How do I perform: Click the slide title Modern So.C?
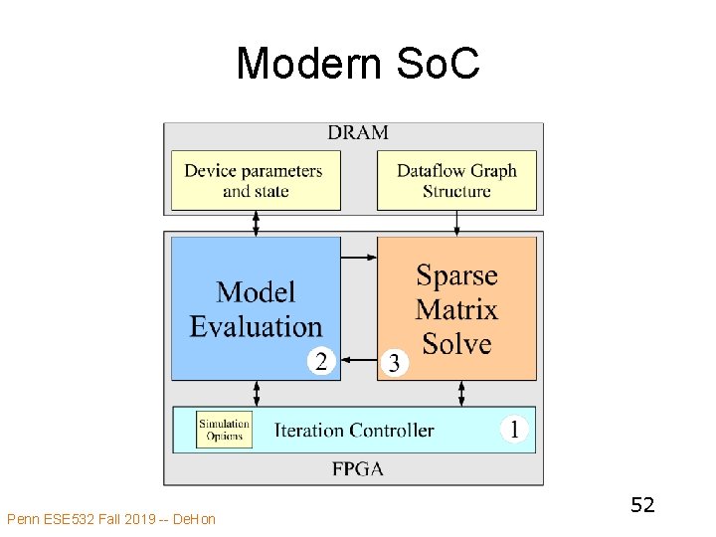point(358,65)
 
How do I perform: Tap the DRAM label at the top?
point(357,132)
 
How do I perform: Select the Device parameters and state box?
point(256,180)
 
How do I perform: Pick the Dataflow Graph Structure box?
point(456,180)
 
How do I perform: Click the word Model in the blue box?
point(256,291)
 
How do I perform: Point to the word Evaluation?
point(256,326)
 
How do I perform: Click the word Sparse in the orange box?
point(456,275)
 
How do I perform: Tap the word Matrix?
point(456,310)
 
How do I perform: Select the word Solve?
point(456,344)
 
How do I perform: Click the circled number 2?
point(320,360)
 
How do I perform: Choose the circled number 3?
point(394,363)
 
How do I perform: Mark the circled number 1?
point(513,430)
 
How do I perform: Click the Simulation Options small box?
point(224,430)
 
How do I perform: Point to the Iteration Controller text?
point(354,431)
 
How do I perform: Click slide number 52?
point(642,505)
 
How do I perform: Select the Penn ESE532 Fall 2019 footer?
point(110,518)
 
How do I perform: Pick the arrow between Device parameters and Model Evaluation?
point(256,224)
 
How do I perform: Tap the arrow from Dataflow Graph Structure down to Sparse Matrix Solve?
point(456,224)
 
